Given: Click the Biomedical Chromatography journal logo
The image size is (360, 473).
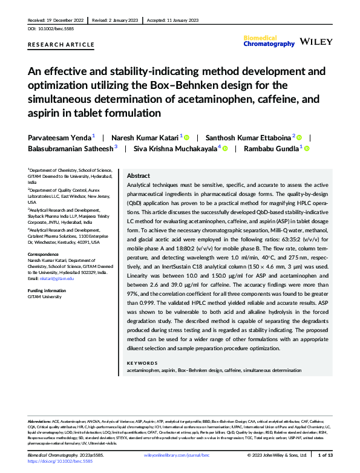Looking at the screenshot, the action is pyautogui.click(x=269, y=41).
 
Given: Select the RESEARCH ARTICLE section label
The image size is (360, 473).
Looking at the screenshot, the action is pyautogui.click(x=61, y=45).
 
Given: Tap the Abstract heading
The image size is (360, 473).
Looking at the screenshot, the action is pyautogui.click(x=139, y=175).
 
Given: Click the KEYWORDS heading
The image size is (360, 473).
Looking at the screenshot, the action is pyautogui.click(x=142, y=363).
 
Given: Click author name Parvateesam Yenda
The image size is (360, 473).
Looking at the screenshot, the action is pyautogui.click(x=59, y=138).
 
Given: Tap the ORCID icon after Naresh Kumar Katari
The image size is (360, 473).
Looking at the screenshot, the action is pyautogui.click(x=188, y=138).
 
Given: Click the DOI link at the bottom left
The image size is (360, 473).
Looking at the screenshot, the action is pyautogui.click(x=61, y=462).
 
